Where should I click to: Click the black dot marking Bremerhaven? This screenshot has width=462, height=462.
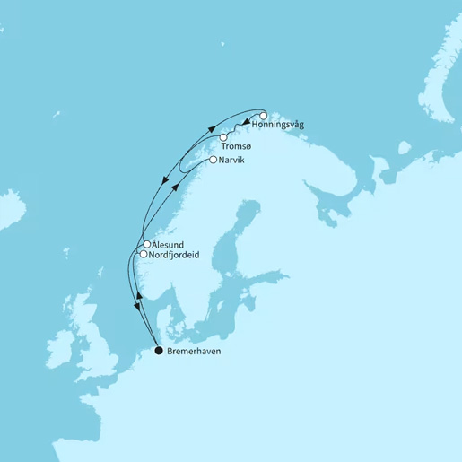pos(159,351)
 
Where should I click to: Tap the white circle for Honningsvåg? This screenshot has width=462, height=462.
pos(264,116)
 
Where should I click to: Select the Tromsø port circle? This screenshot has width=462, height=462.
pos(223,137)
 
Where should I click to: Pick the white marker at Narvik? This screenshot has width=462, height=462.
pos(212,160)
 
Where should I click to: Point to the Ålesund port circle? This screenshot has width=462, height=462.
pos(146,244)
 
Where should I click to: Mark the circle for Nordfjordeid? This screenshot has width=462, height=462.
pos(143,255)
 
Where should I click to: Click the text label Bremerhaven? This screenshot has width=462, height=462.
pos(194,352)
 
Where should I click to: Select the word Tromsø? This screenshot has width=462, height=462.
pos(234,149)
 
